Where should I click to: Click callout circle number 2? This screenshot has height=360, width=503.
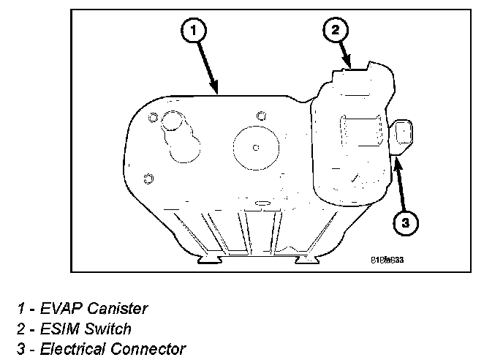[335, 30]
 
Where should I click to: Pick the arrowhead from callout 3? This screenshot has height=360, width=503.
[396, 159]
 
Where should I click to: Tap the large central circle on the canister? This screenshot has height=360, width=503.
[255, 148]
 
